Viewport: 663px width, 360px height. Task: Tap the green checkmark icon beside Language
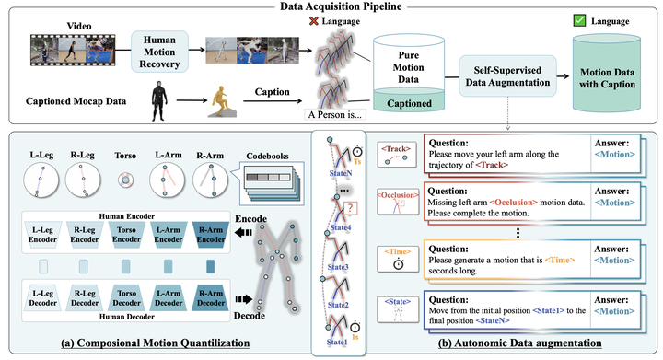coord(579,19)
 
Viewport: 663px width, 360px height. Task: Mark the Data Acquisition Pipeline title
coord(331,7)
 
